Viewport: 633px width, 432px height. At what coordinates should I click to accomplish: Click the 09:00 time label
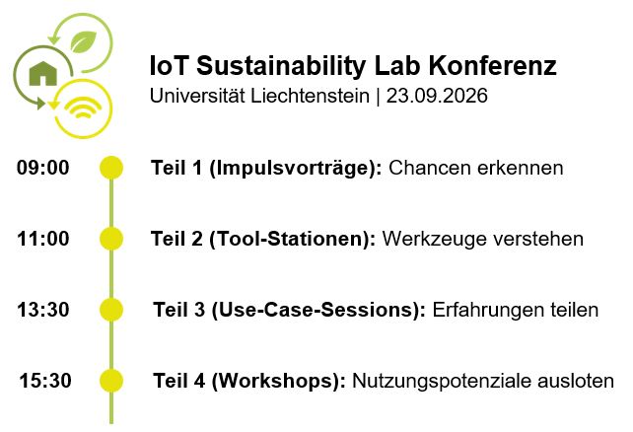42,168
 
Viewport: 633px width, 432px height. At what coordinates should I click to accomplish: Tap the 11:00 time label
43,239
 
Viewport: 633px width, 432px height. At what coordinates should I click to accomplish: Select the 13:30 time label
43,310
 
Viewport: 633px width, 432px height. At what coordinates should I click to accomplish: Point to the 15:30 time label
45,381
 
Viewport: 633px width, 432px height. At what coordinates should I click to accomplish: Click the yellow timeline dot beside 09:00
111,168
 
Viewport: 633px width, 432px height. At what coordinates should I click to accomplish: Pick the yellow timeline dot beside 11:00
111,239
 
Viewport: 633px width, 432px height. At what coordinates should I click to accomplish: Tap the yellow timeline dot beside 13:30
111,310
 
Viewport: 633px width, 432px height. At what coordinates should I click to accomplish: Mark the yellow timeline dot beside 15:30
111,381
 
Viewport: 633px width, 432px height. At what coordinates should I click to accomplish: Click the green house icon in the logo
43,74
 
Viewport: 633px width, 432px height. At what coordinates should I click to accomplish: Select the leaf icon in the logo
84,41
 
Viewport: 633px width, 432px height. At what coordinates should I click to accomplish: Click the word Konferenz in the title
493,65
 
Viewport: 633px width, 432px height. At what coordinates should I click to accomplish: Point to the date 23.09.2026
437,96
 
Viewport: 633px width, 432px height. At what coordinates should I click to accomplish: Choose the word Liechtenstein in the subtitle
310,96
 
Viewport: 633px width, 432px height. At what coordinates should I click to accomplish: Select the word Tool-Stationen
290,239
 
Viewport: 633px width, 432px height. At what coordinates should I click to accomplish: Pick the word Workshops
276,381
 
